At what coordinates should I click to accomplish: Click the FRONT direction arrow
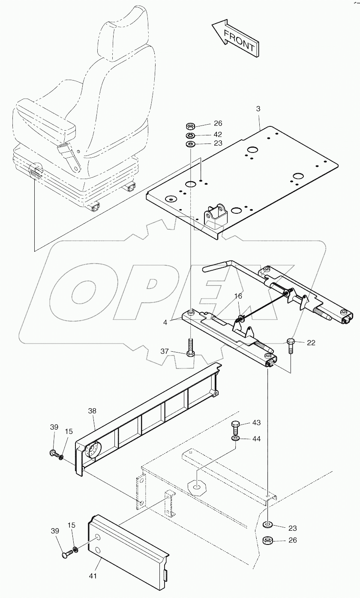(235, 38)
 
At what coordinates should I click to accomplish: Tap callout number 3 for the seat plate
(258, 109)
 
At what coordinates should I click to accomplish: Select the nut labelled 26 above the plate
(191, 126)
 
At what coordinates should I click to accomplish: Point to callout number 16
(238, 296)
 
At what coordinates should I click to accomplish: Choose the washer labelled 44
(235, 439)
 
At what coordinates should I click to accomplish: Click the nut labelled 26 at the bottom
(268, 540)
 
